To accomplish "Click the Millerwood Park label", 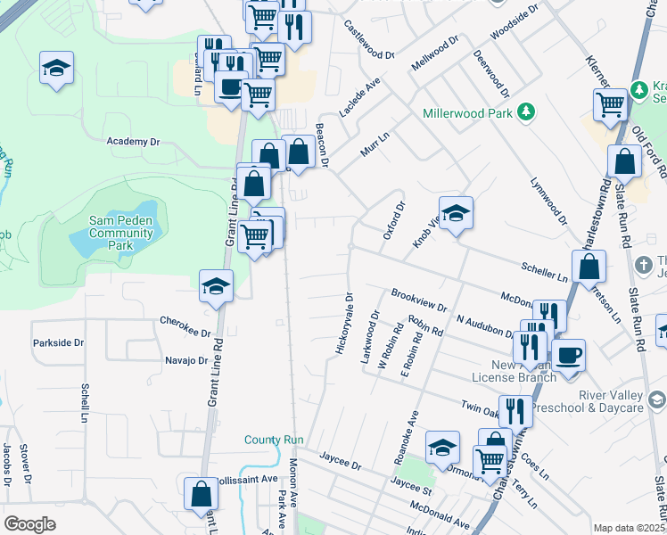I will click(x=467, y=113).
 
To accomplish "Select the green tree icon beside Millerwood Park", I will click(x=527, y=111).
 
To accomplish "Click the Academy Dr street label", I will click(x=132, y=142).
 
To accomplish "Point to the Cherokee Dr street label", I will click(x=185, y=327).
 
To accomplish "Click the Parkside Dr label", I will click(x=58, y=342).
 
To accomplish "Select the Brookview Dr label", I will click(x=418, y=300).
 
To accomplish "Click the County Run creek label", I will click(x=276, y=440).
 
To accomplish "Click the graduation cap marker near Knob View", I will click(x=456, y=213).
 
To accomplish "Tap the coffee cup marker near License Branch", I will click(x=568, y=356).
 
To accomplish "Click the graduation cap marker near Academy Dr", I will click(x=56, y=68).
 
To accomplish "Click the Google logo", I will click(x=29, y=525).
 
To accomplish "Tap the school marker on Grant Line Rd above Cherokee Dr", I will click(x=216, y=286).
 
